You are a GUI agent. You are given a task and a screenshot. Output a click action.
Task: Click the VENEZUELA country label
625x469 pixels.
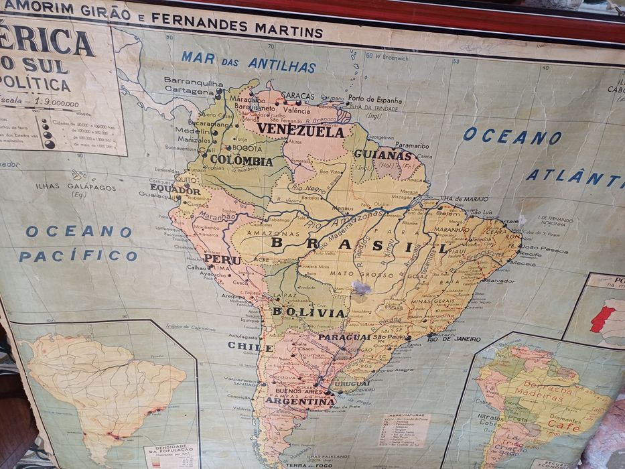(x=301, y=131)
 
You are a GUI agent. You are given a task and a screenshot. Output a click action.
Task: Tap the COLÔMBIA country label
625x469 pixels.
(x=241, y=161)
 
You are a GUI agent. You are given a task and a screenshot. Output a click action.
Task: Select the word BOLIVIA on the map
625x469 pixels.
(x=309, y=312)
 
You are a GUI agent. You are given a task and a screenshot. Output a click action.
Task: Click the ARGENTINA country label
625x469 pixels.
(x=300, y=402)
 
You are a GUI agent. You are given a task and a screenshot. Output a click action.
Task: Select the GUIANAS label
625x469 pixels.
(x=383, y=155)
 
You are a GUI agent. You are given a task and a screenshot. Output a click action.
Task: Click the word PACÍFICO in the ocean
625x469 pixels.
(x=78, y=255)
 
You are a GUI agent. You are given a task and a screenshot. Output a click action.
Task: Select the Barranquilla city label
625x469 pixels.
(x=194, y=82)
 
